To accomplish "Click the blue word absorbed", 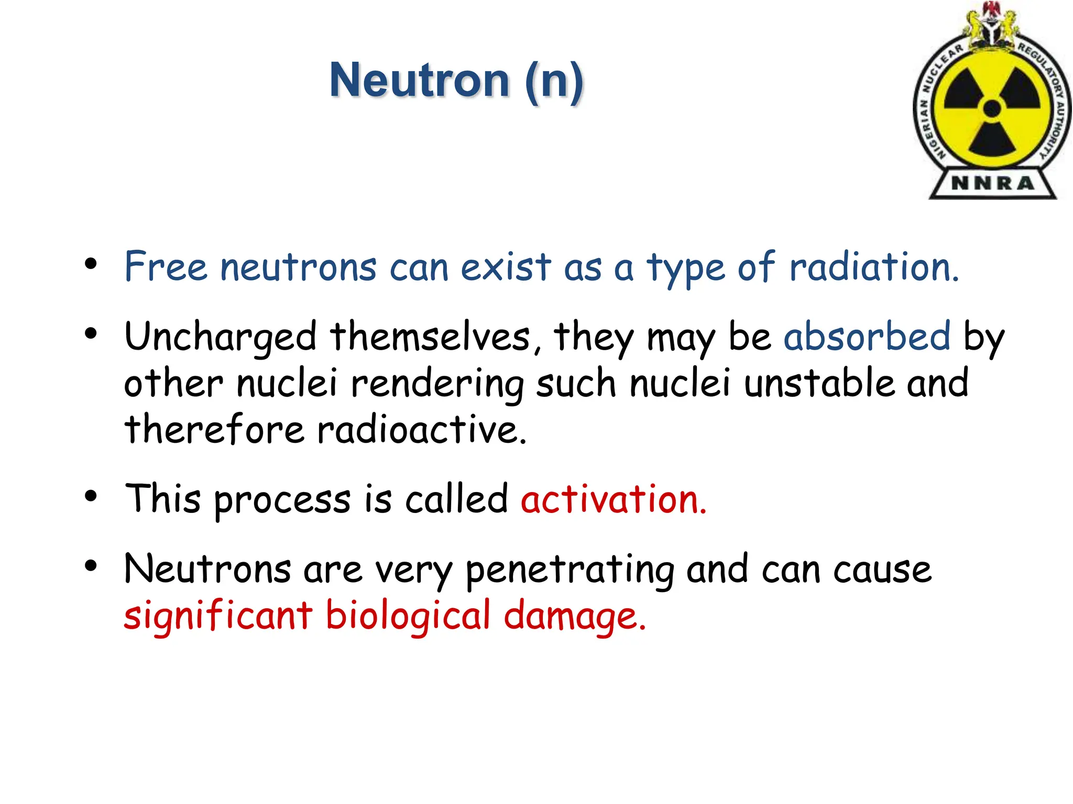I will tap(867, 336).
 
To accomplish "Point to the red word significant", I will tap(218, 616).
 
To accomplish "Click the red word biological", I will tap(408, 616).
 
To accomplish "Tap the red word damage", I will tap(574, 616).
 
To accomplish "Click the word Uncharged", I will tap(220, 337).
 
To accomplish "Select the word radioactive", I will tap(421, 429).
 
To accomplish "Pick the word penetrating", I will tap(570, 571).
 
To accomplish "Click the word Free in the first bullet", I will tap(166, 266).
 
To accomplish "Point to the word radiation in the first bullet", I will tap(873, 266).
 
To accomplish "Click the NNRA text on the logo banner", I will tap(992, 183).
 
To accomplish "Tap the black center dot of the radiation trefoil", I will tap(992, 109).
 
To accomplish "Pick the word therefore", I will tap(214, 429).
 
